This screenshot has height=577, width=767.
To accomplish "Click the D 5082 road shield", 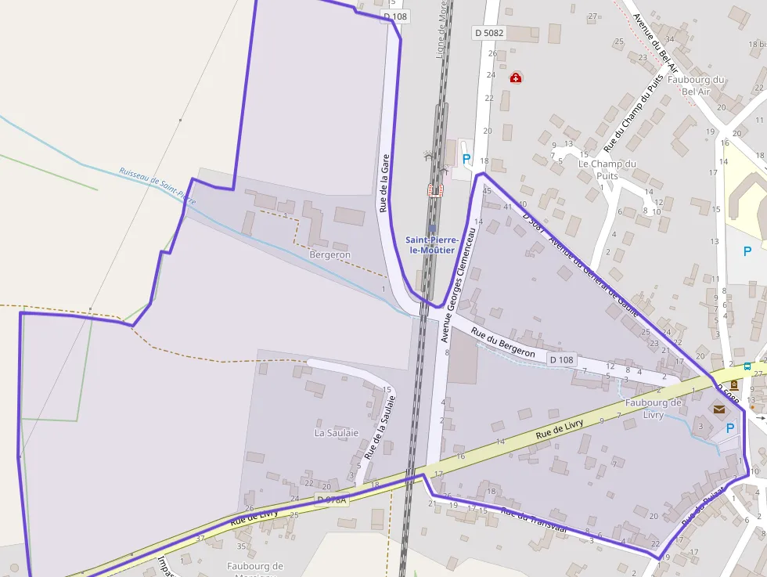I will point(489,33).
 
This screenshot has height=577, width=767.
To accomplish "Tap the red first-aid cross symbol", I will point(516,78).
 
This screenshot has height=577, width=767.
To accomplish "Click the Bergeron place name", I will point(330,254).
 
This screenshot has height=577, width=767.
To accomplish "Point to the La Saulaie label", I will point(337,432).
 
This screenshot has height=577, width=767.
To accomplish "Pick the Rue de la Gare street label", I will point(384,183).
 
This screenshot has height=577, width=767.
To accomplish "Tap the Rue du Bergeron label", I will point(503,342).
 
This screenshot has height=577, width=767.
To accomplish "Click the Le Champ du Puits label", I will point(607,170).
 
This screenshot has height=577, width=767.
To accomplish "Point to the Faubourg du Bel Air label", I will point(697,85).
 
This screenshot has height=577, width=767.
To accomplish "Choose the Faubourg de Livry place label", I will point(654,408).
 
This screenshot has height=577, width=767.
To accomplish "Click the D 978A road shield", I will point(332,499).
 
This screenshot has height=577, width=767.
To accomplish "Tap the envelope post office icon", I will point(718,409).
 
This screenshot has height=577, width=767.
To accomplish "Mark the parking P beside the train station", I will point(467,159).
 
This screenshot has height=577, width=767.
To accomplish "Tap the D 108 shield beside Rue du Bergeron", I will point(562,359).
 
